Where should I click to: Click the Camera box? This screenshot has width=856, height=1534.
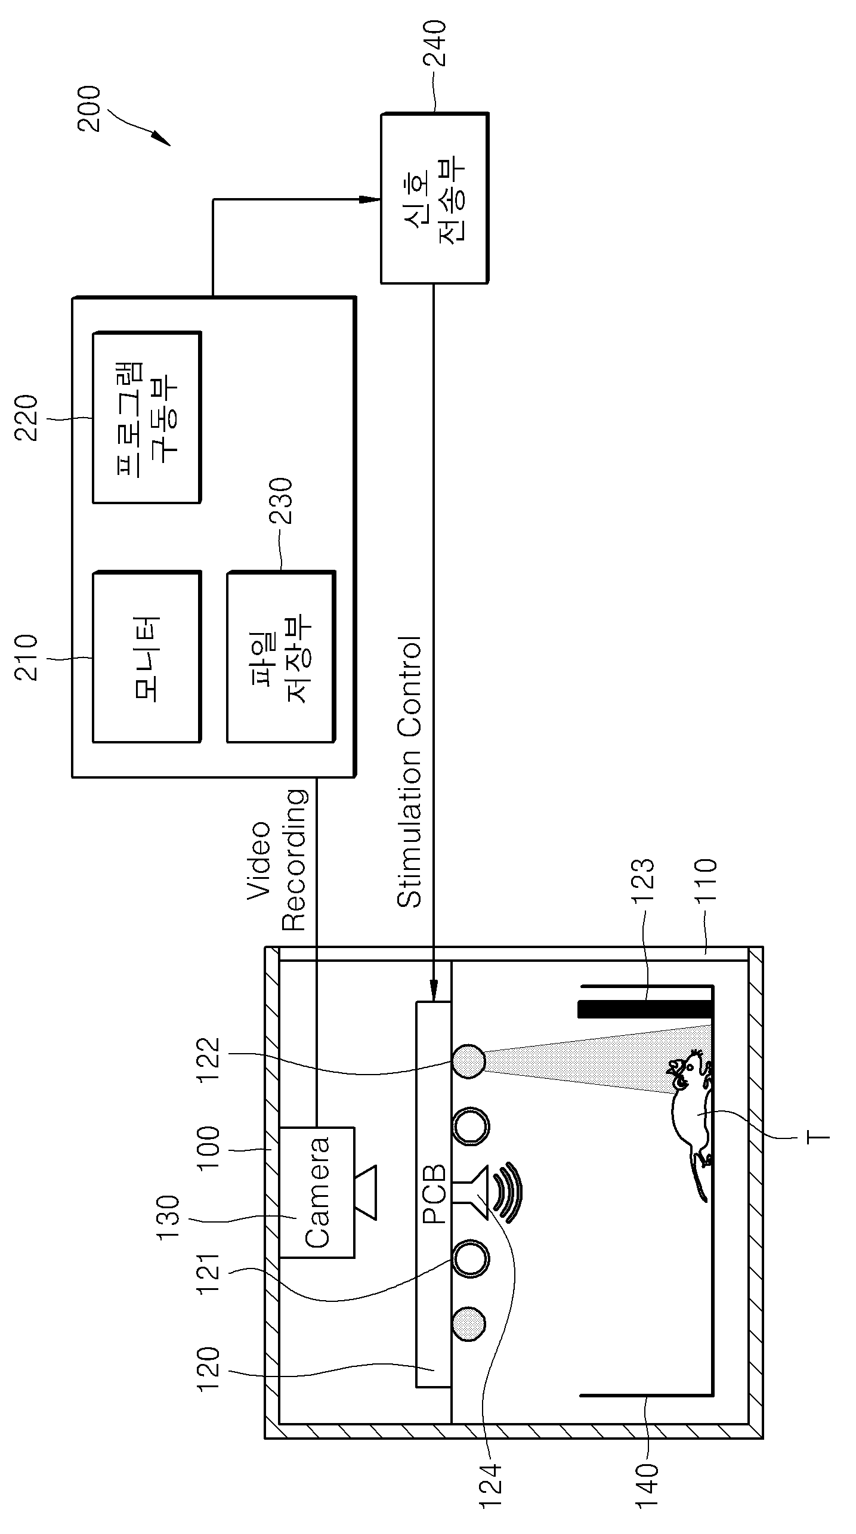tap(317, 1193)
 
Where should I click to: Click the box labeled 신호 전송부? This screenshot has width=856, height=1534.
tap(434, 198)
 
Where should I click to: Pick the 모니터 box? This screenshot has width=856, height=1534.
tap(147, 657)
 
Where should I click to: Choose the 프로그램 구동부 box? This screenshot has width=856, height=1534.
tap(147, 418)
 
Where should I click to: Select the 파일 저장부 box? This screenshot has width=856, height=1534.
tap(281, 657)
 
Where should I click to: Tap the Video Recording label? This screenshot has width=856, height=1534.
tap(277, 860)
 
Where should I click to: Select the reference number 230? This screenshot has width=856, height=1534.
tap(281, 502)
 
